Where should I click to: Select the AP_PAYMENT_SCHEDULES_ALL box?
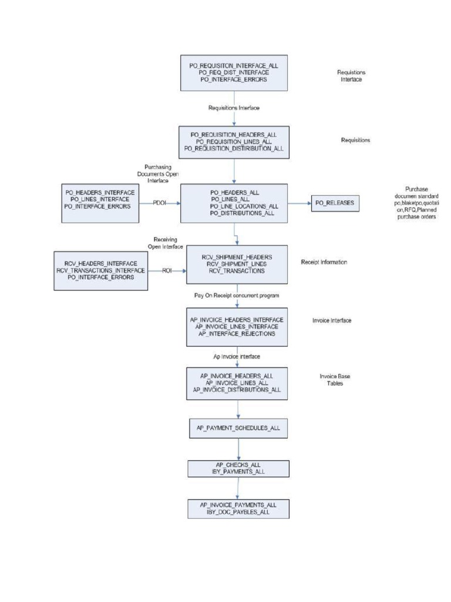(238, 427)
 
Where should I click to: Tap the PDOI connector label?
(159, 203)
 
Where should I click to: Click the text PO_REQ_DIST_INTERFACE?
(234, 72)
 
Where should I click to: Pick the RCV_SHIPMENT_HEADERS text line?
(237, 257)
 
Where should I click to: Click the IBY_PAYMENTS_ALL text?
(238, 471)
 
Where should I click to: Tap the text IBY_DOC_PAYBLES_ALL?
(238, 513)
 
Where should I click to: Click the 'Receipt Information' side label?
(324, 262)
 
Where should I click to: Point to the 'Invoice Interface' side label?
(332, 321)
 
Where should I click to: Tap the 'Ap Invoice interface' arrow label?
(236, 356)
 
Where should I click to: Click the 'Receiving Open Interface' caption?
(168, 243)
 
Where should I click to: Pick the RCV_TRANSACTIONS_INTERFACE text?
(100, 270)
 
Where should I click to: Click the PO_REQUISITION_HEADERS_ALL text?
(234, 135)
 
